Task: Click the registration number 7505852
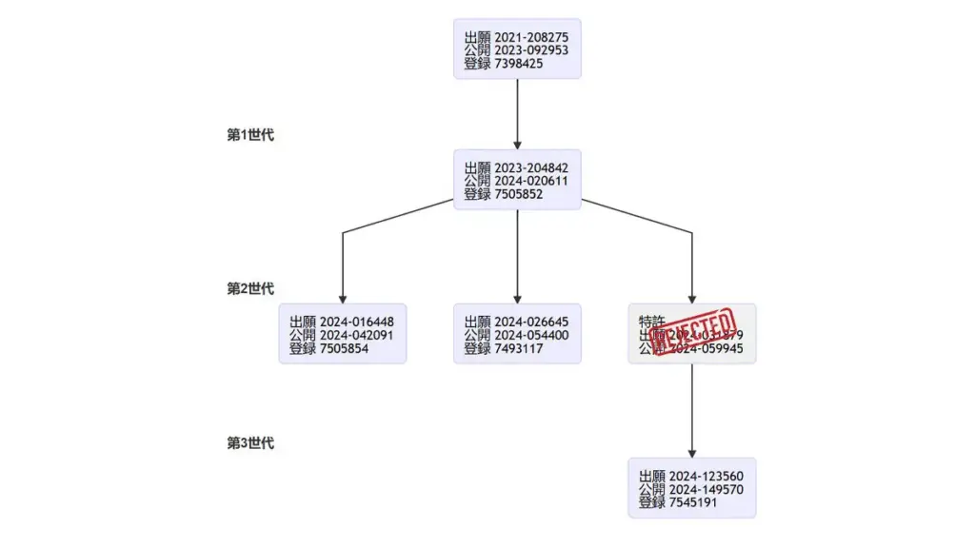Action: click(519, 194)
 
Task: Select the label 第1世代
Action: click(250, 135)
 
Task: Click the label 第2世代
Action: click(250, 289)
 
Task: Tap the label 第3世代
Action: click(250, 443)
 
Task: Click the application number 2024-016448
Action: click(357, 323)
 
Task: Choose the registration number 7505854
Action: click(345, 348)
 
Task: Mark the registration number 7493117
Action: click(519, 348)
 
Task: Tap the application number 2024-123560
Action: click(706, 477)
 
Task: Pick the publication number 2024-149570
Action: click(706, 490)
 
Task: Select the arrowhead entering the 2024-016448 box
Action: click(343, 298)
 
